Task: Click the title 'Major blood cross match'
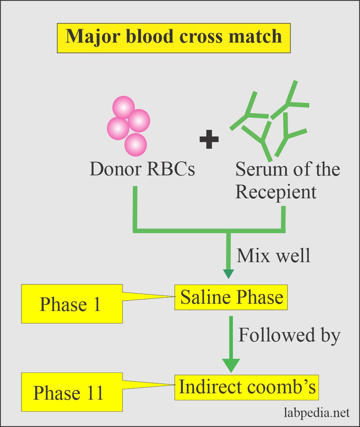coord(174,37)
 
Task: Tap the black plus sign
coord(209,139)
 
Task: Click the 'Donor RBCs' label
coord(142,168)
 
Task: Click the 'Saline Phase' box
coord(231,297)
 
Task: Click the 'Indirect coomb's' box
coord(247,387)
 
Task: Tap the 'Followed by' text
coord(289,335)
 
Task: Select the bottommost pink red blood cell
coord(136,144)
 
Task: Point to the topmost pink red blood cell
coord(123,107)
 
